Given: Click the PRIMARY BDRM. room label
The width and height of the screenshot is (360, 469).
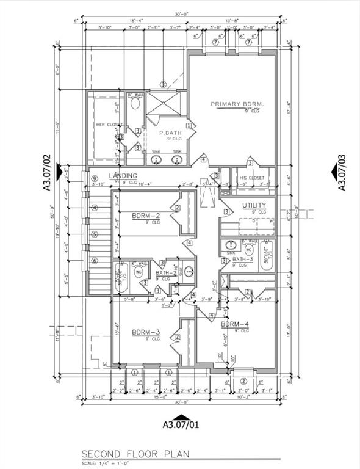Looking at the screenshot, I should tap(237, 104).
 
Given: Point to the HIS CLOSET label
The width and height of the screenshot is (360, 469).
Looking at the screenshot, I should tap(252, 178).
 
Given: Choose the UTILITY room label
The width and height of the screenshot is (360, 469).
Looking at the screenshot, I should tap(254, 205).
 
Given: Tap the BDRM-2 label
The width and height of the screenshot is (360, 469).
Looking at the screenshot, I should tap(146, 215).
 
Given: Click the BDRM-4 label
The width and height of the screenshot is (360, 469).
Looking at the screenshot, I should tap(235, 324).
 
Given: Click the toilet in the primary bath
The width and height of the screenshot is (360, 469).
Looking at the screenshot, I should tap(135, 104).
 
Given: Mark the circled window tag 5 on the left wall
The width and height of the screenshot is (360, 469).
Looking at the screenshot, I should tap(95, 234).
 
